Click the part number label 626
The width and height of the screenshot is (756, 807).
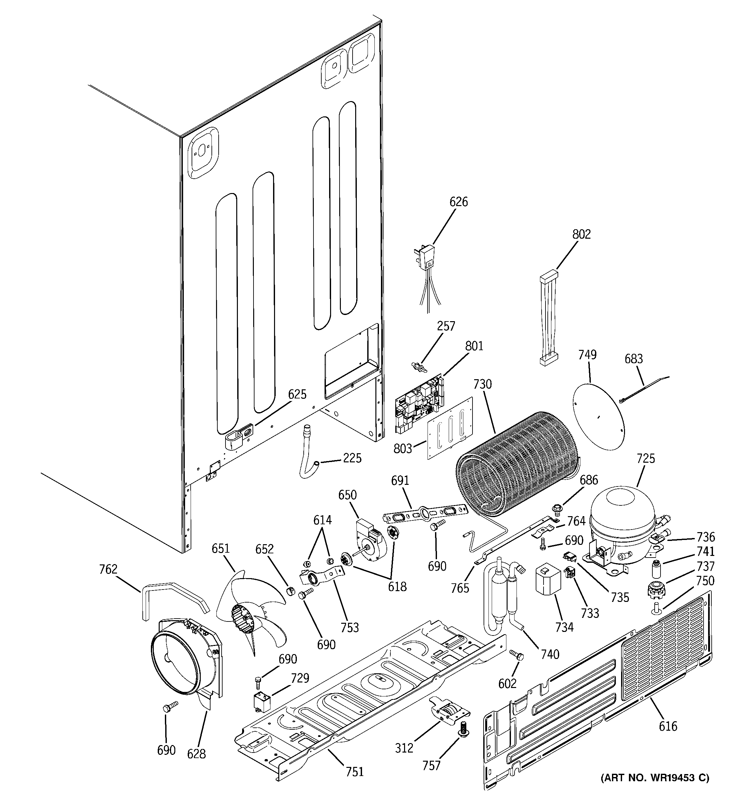pos(458,202)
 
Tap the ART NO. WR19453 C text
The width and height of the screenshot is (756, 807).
pos(655,778)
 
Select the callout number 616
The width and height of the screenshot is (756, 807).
pos(668,726)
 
